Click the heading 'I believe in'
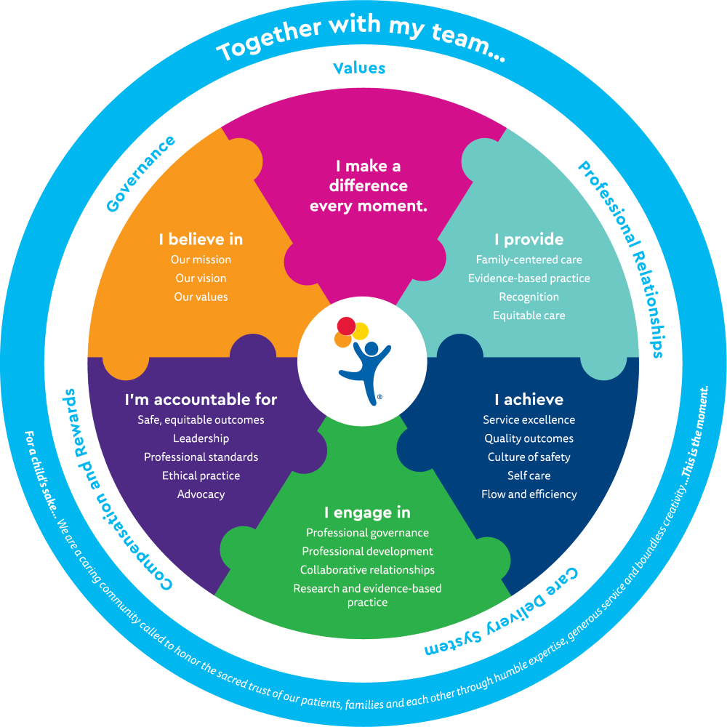[201, 239]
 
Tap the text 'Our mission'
[201, 260]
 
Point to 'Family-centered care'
[529, 260]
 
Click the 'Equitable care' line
[529, 316]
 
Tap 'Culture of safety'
[529, 457]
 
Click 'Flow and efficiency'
[529, 494]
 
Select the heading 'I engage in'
[367, 513]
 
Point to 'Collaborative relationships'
[367, 570]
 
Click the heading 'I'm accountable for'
[201, 400]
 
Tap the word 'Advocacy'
[201, 494]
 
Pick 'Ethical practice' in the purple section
[201, 475]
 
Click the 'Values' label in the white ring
[358, 68]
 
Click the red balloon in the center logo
[346, 325]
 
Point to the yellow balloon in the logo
[360, 331]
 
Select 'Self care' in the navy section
[529, 475]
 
